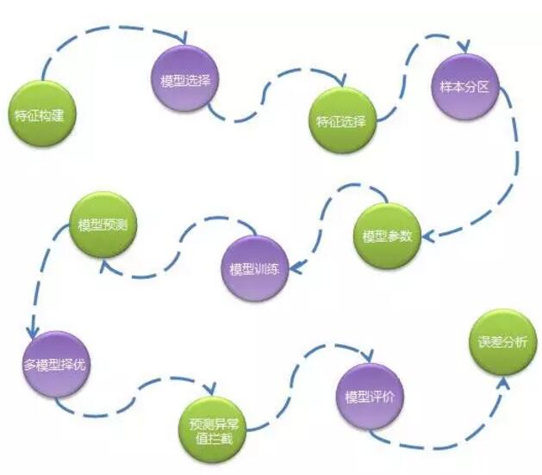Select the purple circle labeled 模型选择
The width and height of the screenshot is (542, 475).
pos(186,81)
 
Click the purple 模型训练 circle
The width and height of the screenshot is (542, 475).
pos(252,268)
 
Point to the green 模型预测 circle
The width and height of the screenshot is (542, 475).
pos(103,226)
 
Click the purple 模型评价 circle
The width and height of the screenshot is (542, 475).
pos(369,397)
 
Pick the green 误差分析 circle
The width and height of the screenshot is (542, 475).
pos(502,342)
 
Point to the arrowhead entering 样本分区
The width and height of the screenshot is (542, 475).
pos(466,48)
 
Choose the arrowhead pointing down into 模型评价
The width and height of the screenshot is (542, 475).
pos(371,356)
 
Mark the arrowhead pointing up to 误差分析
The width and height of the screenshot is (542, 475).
pos(502,379)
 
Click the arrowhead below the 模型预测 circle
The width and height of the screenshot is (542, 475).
pos(104,266)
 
